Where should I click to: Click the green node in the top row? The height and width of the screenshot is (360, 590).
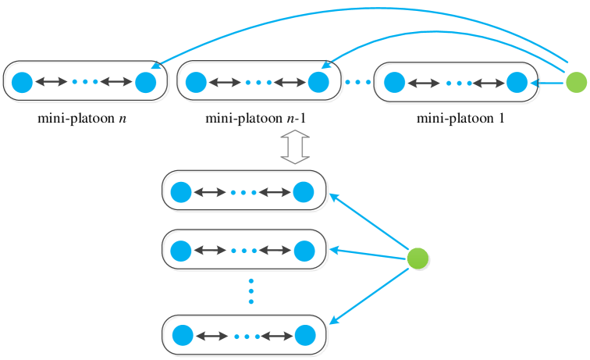[x=576, y=82]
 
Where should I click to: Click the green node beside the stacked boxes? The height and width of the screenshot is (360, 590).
[x=418, y=258]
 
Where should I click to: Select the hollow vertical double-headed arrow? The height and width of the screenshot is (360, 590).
[x=295, y=147]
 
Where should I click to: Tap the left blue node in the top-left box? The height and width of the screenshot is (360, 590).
[x=23, y=82]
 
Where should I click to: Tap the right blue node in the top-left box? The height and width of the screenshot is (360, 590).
[x=146, y=82]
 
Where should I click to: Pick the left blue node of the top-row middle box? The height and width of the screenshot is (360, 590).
[x=196, y=82]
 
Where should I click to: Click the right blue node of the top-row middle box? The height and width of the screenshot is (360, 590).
[x=318, y=82]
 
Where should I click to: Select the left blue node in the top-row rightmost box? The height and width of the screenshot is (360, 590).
[x=395, y=82]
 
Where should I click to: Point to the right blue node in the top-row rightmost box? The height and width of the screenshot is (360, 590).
[x=517, y=82]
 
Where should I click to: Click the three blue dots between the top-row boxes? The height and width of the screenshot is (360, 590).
[x=358, y=82]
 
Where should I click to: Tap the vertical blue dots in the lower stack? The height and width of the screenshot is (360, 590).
[x=251, y=290]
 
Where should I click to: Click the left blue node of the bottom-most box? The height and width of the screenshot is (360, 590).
[x=183, y=336]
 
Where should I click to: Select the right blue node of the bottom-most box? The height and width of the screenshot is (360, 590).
[x=305, y=336]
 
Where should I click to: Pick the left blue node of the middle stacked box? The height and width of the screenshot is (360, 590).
[x=181, y=251]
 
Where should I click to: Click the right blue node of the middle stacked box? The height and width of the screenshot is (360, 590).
[x=304, y=251]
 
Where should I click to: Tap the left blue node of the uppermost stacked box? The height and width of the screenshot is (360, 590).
[x=181, y=192]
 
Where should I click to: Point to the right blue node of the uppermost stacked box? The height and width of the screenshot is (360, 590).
[x=304, y=192]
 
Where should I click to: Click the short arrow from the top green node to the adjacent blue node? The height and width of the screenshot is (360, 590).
[x=548, y=82]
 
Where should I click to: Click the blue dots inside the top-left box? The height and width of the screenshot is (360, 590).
[x=84, y=82]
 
